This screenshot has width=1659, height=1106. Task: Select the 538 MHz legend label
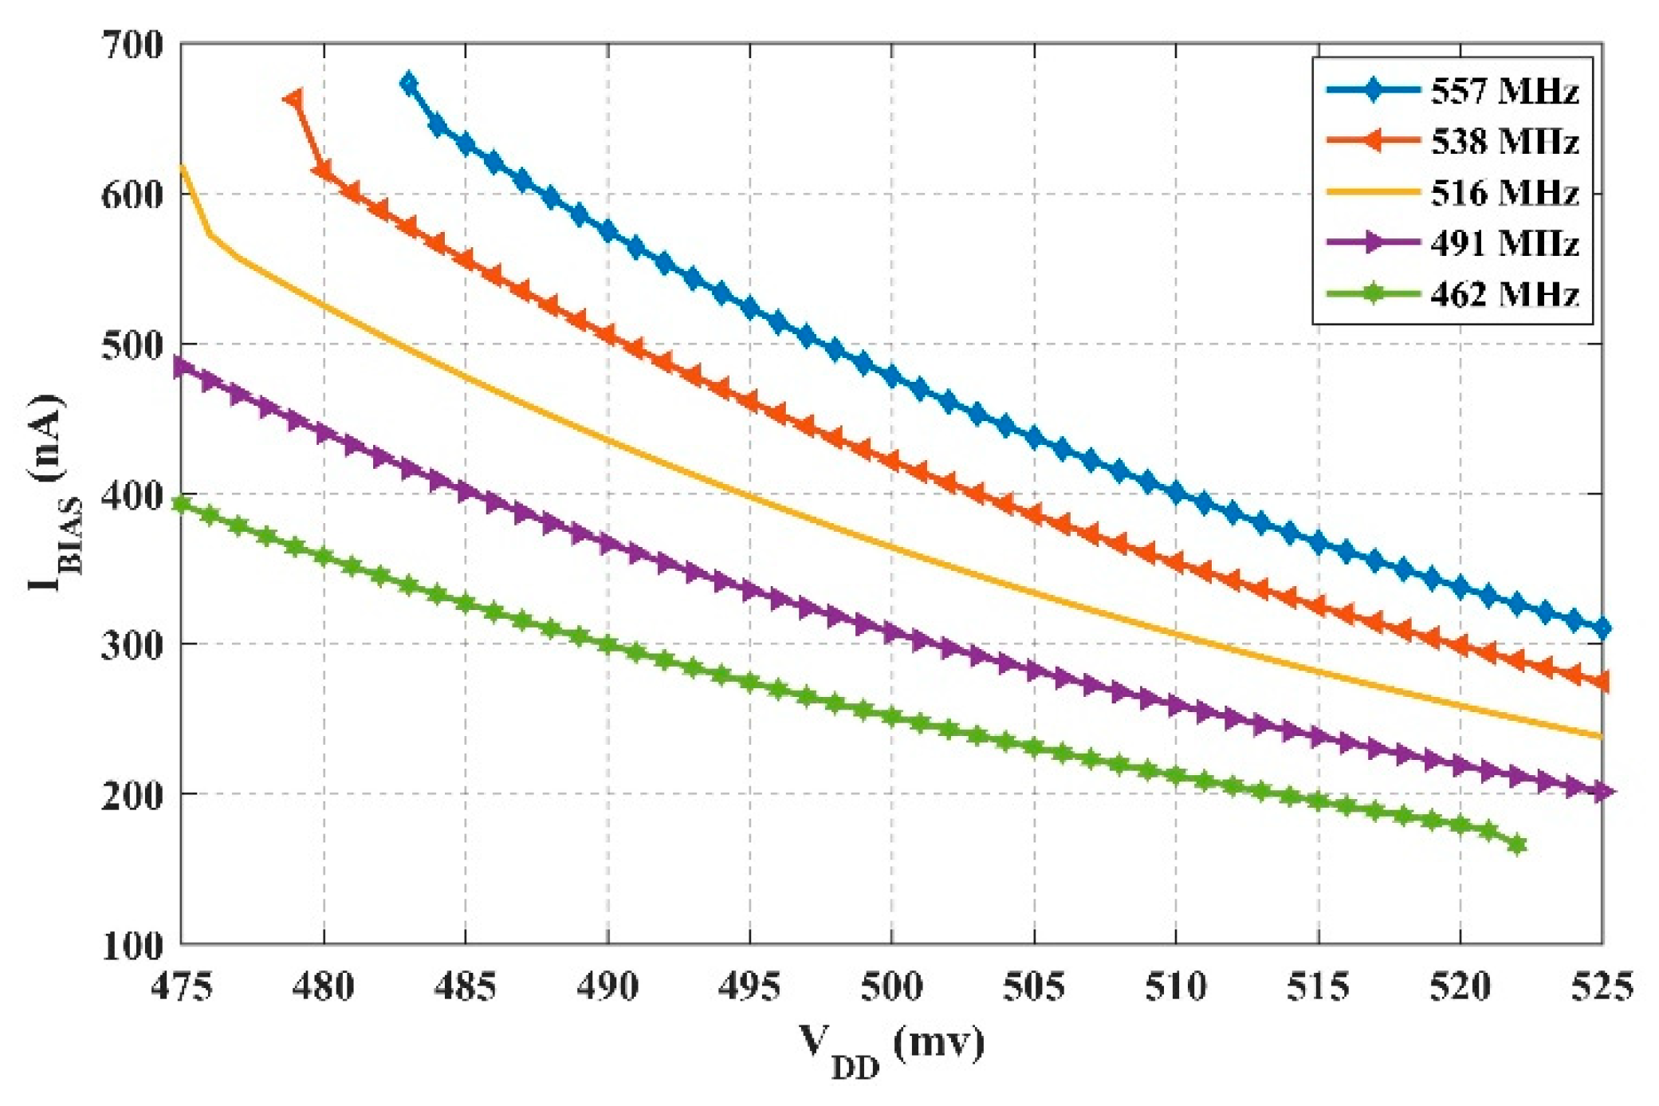1504,142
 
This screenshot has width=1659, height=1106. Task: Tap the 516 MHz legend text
1504,193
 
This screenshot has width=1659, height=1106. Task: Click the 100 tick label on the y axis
132,946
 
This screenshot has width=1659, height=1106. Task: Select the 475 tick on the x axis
182,987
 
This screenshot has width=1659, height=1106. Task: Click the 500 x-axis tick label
891,987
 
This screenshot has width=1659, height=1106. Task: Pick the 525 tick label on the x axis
1601,987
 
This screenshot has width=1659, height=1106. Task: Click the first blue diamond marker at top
409,83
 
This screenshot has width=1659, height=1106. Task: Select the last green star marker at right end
1517,845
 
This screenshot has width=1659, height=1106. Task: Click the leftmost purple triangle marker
183,366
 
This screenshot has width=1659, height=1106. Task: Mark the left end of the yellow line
183,166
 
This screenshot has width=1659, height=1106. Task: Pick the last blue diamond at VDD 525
1602,628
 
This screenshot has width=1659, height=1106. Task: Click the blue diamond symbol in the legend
1372,91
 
